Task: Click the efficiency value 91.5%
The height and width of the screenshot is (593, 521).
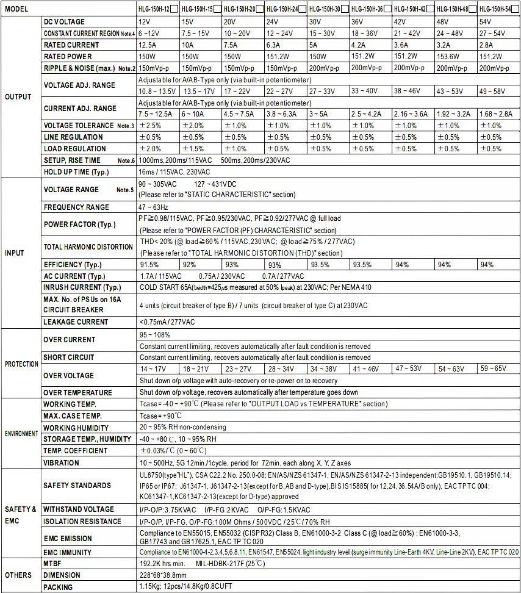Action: (x=149, y=265)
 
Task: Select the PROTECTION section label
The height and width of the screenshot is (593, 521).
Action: (x=21, y=364)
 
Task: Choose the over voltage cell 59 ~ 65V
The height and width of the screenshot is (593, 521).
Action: (x=494, y=368)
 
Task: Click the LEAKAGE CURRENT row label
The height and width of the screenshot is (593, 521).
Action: (x=76, y=322)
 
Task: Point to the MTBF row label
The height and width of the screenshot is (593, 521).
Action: (x=53, y=564)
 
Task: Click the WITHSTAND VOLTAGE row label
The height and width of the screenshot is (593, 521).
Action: (x=78, y=509)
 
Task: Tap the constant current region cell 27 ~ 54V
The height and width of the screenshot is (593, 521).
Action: (x=494, y=33)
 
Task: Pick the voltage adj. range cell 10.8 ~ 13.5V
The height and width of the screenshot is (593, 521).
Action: (x=158, y=92)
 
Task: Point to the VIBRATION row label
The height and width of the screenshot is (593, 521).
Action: (x=61, y=462)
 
